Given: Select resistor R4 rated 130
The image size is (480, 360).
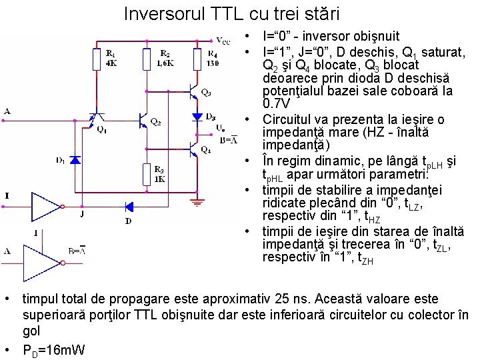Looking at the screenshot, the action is tap(196, 60).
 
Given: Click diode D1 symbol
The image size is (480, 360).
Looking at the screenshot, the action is tap(75, 161).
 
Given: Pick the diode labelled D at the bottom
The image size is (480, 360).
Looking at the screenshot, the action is tap(129, 207).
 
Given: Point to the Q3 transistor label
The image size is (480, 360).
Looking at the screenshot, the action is tap(206, 92).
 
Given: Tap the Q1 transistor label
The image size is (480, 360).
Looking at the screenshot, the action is tap(100, 129).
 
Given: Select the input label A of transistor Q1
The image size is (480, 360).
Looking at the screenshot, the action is tap(7, 111).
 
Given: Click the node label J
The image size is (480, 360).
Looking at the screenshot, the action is tap(82, 215).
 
